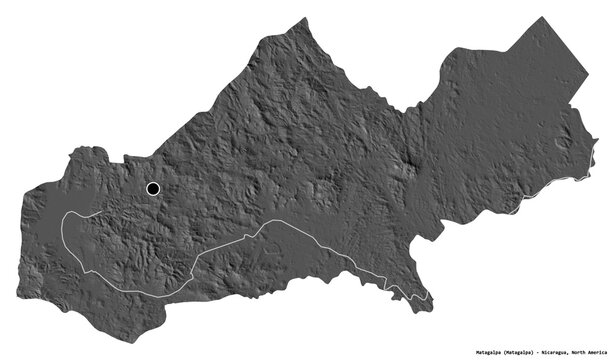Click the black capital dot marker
153,188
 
